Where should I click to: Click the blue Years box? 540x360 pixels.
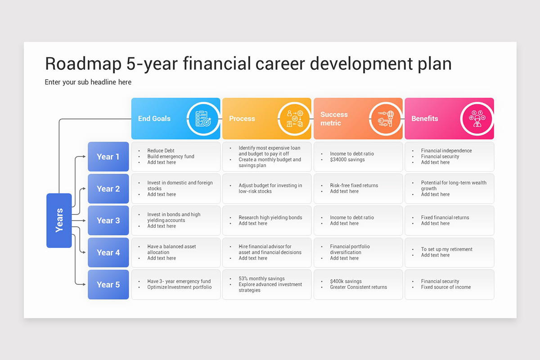pos(59,220)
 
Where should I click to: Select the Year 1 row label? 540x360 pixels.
pos(108,157)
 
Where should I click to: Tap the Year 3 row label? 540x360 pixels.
pos(108,220)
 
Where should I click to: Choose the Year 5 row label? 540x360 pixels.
pos(108,284)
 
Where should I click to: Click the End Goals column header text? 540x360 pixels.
pos(154,119)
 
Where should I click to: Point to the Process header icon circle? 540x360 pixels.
pos(294,119)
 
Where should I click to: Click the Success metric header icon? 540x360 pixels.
pos(386,119)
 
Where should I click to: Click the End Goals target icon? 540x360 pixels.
pos(203,119)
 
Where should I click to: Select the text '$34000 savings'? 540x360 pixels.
pos(347,160)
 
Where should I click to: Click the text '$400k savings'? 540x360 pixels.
pos(346,281)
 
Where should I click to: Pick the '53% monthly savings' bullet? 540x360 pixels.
pos(261,279)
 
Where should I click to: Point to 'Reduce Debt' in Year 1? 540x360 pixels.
pos(161,151)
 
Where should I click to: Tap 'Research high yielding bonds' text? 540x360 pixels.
pos(270,217)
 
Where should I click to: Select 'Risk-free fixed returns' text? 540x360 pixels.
pos(354,185)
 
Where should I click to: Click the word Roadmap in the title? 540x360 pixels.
pos(83,64)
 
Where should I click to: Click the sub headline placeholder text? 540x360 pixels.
pos(88,82)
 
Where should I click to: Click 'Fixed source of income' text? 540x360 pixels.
pos(445,287)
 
